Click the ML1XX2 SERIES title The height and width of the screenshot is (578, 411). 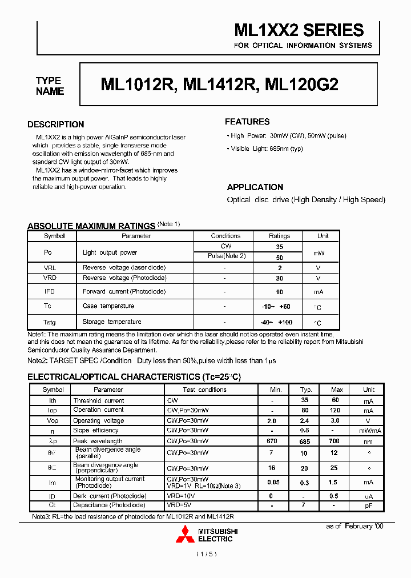coord(299,30)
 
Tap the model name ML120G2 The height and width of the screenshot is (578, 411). coord(302,85)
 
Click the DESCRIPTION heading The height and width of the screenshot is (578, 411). coord(56,125)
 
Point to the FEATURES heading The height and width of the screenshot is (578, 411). coord(247,122)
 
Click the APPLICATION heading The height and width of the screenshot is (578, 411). coord(255,187)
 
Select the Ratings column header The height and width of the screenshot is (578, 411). coord(280,236)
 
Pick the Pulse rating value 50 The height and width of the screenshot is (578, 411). coord(280,258)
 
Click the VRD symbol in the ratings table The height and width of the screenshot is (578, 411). coord(51,278)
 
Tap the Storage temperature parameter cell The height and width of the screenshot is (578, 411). coord(112,322)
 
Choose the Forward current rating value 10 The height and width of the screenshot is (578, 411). coord(280,292)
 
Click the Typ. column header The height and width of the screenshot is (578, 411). coord(306,390)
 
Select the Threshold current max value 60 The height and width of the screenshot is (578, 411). coord(336,401)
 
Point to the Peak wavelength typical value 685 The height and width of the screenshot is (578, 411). coord(306,441)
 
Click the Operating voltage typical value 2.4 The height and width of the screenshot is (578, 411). coord(306,421)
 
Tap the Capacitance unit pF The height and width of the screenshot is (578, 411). coord(369,505)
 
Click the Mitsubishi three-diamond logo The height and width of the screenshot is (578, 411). coord(185,535)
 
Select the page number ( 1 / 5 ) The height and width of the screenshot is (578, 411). coord(206,554)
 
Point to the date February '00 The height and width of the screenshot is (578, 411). coord(354,526)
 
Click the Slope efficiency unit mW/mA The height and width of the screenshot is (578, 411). coord(369,431)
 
